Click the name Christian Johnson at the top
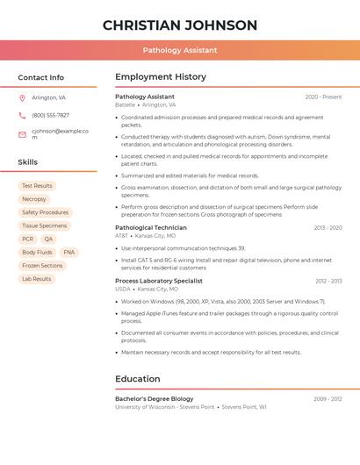pyautogui.click(x=180, y=25)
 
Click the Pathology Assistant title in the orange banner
pyautogui.click(x=180, y=51)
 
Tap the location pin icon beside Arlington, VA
pyautogui.click(x=22, y=97)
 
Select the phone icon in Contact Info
pyautogui.click(x=22, y=115)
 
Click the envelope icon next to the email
pyautogui.click(x=22, y=134)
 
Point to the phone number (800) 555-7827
pyautogui.click(x=50, y=115)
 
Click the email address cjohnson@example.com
pyautogui.click(x=60, y=133)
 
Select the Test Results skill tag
pyautogui.click(x=37, y=186)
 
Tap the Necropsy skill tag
pyautogui.click(x=34, y=199)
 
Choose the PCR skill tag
pyautogui.click(x=28, y=239)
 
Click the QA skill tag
pyautogui.click(x=48, y=239)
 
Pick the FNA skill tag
pyautogui.click(x=69, y=252)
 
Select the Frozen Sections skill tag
pyautogui.click(x=42, y=266)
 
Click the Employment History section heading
pyautogui.click(x=161, y=77)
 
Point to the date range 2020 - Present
pyautogui.click(x=323, y=97)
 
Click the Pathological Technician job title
pyautogui.click(x=151, y=228)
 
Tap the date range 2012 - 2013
pyautogui.click(x=328, y=281)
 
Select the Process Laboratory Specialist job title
pyautogui.click(x=159, y=281)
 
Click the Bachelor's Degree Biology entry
pyautogui.click(x=155, y=398)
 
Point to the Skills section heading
pyautogui.click(x=28, y=162)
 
